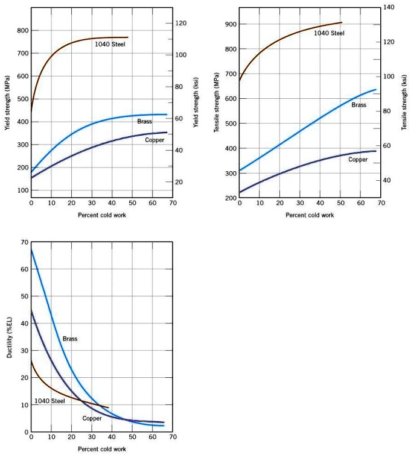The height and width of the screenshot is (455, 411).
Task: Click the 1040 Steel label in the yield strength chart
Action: point(110,44)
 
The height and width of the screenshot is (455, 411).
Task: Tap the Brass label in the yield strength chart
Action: point(144,122)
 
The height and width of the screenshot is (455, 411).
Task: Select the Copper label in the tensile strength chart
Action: point(358,160)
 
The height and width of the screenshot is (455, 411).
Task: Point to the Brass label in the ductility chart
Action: point(70,339)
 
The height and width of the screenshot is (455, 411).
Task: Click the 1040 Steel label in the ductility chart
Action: point(49,401)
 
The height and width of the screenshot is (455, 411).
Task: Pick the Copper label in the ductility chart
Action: point(92,418)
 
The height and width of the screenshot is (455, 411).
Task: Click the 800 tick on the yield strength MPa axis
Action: point(23,30)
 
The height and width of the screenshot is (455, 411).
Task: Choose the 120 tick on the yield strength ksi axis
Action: point(180,23)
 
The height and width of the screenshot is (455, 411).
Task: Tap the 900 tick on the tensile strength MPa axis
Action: point(231,24)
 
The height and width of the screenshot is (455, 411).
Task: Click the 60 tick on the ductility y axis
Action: point(24,269)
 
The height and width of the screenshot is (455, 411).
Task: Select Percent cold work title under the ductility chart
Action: point(102,449)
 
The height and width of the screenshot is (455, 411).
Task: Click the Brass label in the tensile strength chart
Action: point(359,105)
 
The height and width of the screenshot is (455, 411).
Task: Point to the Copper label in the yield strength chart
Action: point(155,140)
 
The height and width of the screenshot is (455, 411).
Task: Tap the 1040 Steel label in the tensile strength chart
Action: point(329,33)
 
